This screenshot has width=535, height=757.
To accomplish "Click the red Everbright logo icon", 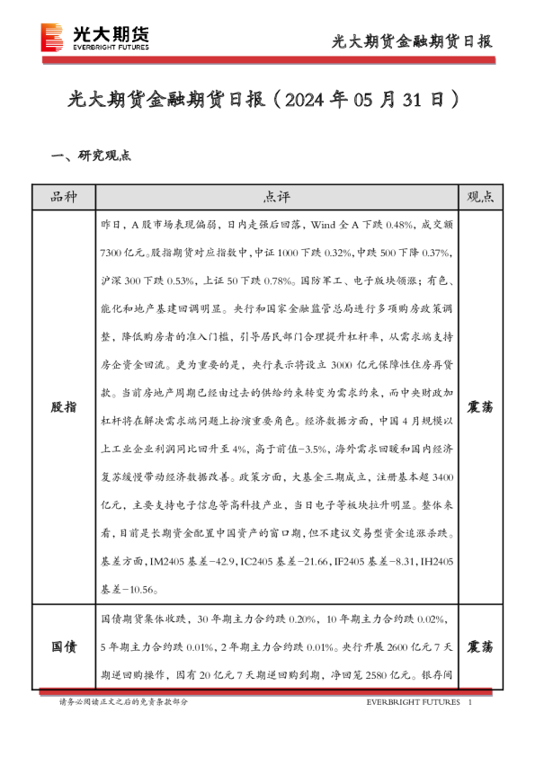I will tap(52, 37).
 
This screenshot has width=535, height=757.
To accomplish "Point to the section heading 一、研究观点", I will tap(91, 155).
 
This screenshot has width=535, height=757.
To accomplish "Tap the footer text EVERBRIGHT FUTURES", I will tap(414, 701).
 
